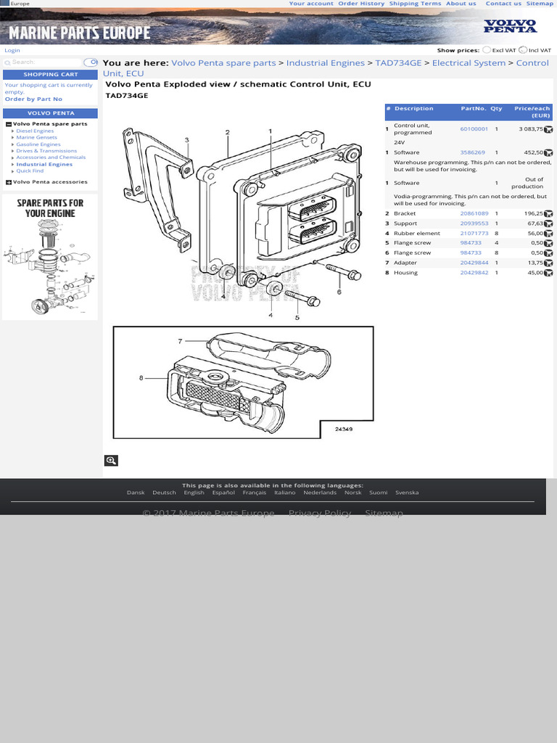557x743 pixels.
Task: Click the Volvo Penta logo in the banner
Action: (x=511, y=26)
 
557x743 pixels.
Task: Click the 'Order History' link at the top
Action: (x=361, y=4)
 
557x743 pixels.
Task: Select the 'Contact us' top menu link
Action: (x=503, y=4)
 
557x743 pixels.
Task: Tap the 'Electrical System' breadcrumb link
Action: (x=469, y=63)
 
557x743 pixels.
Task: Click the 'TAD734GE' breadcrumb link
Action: (x=398, y=63)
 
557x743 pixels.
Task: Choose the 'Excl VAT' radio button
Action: (x=487, y=51)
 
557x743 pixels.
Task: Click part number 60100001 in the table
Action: (x=474, y=128)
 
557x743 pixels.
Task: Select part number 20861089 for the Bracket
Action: (x=474, y=214)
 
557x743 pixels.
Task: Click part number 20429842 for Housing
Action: (x=474, y=273)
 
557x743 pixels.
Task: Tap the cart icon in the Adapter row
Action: (x=548, y=263)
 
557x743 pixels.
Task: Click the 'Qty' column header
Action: (x=496, y=109)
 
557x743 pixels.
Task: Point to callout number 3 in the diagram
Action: (x=186, y=140)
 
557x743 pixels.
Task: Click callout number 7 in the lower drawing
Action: (x=181, y=340)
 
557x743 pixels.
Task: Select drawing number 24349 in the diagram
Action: (x=343, y=430)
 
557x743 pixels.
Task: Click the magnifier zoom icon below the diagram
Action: (x=111, y=461)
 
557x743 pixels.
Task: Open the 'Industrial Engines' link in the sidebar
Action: (x=44, y=165)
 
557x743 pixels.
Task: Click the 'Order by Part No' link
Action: (x=33, y=99)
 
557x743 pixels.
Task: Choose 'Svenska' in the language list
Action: (x=407, y=493)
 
